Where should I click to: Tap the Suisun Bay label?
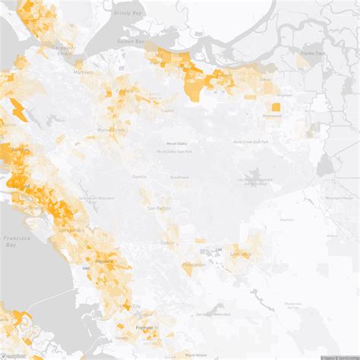131,41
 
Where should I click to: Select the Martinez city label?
83,71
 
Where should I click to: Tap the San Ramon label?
159,207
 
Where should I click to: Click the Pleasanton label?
194,264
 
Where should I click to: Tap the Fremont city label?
144,327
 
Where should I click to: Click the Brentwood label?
272,116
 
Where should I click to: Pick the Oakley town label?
265,78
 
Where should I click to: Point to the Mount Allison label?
195,354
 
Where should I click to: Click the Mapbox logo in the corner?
13,355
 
